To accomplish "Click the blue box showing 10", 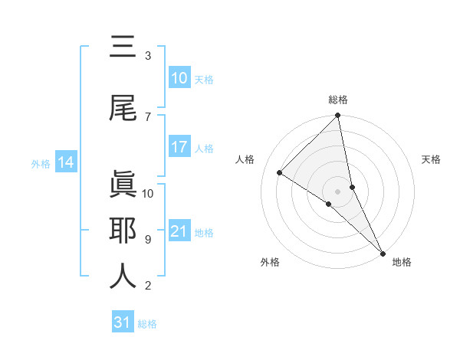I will point(179,78).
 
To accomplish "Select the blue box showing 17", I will point(179,147).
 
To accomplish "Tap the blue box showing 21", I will point(179,231).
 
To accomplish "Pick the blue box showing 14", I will point(66,162).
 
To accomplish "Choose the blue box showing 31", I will point(123,323).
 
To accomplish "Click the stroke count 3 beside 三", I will point(148,56).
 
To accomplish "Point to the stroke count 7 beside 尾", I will point(148,116).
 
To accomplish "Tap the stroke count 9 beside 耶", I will point(148,240).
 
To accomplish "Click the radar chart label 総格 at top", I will point(338,100).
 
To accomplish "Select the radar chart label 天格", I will point(431,159).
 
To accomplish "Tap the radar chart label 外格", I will point(270,263).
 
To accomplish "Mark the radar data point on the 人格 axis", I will point(280,173).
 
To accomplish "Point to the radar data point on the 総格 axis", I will point(338,116).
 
